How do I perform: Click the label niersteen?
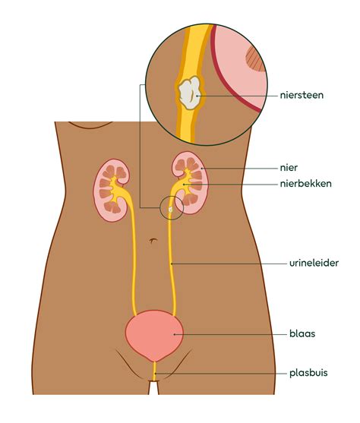click(x=302, y=95)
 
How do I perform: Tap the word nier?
click(x=289, y=168)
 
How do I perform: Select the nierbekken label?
click(x=306, y=184)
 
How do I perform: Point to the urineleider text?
click(x=314, y=263)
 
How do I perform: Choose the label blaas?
click(x=302, y=333)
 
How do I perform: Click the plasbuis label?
click(x=308, y=373)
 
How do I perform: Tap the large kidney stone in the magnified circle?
click(x=190, y=92)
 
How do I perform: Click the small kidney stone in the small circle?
click(x=170, y=209)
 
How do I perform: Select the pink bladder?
click(x=154, y=334)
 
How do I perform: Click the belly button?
click(x=153, y=240)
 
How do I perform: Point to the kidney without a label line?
click(x=111, y=190)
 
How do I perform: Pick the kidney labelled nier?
click(x=191, y=182)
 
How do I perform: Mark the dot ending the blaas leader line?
click(x=175, y=334)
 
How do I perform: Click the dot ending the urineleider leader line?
click(x=172, y=263)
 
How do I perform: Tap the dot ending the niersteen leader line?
click(x=197, y=96)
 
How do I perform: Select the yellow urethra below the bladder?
click(x=154, y=371)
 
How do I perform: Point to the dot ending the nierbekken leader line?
click(x=184, y=185)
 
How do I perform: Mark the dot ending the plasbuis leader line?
click(x=155, y=374)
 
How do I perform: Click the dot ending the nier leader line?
click(x=201, y=168)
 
